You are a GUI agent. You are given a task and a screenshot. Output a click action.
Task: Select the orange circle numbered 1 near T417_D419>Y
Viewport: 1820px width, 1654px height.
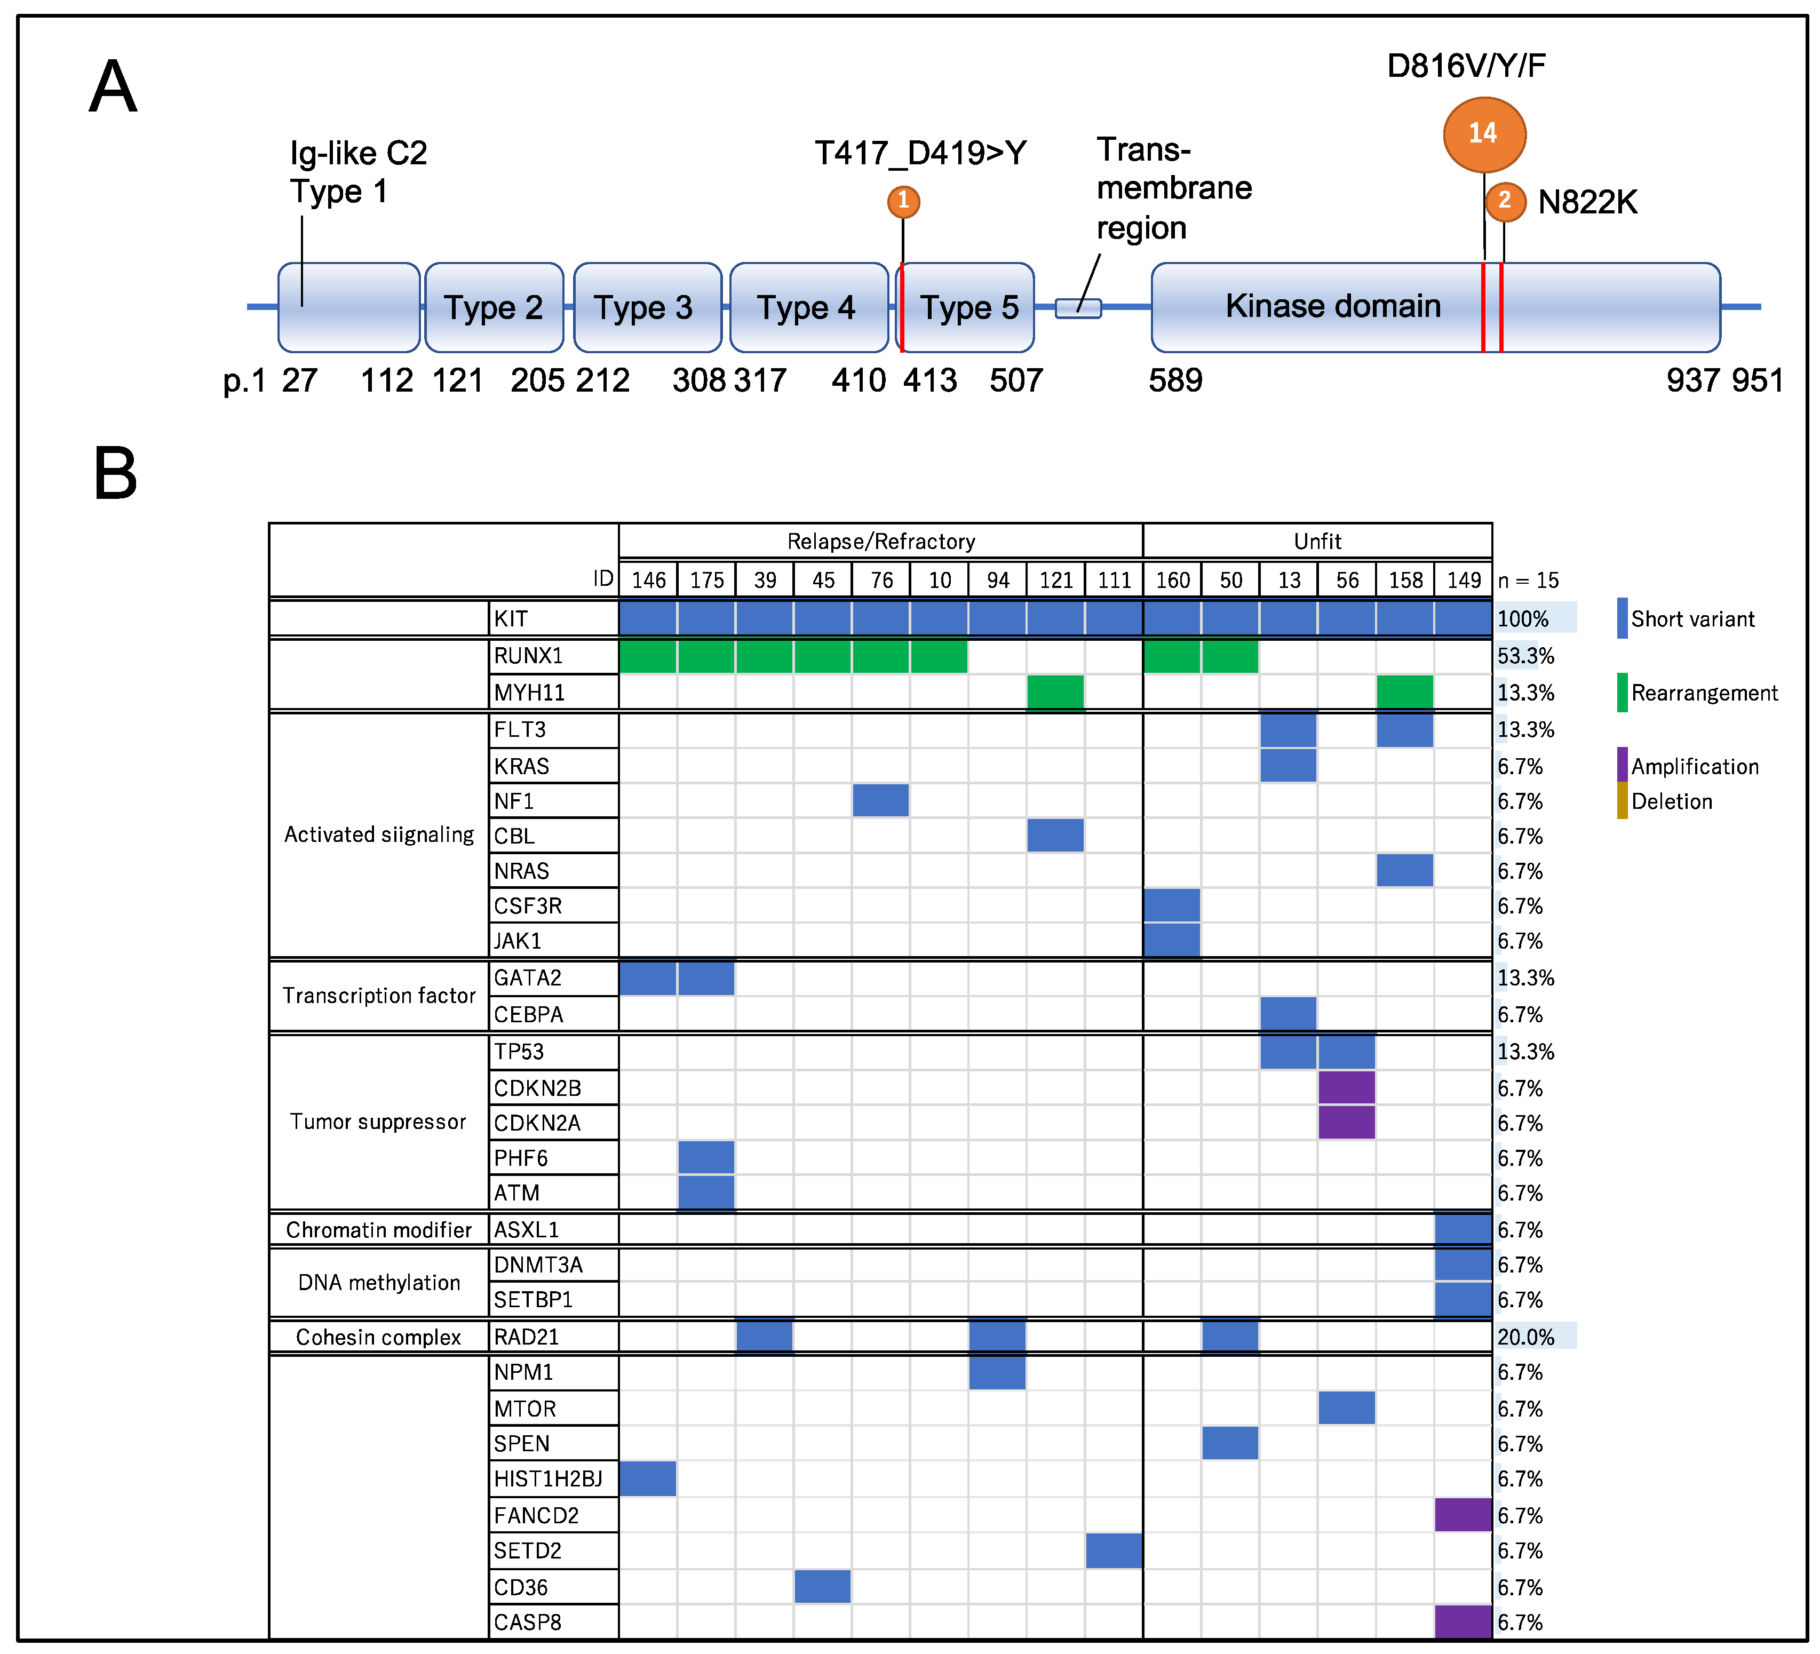tap(903, 201)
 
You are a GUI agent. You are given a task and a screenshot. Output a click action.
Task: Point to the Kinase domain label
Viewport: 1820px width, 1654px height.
tap(1332, 306)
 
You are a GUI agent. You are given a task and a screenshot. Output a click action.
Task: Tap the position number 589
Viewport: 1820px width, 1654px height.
tap(1174, 380)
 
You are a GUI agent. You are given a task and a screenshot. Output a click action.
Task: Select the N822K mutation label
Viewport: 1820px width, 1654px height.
tap(1587, 202)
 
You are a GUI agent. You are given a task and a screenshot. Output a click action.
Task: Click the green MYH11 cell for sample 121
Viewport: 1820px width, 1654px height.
tap(1055, 693)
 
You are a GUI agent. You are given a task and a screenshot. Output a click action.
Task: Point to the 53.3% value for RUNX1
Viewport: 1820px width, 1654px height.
tap(1525, 656)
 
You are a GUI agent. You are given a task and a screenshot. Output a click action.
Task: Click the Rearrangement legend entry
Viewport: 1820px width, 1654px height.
tap(1703, 694)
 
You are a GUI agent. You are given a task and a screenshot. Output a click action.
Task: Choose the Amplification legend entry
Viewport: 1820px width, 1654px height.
tap(1694, 767)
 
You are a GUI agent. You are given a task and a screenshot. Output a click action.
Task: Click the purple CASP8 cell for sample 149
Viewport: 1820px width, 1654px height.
tap(1463, 1621)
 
